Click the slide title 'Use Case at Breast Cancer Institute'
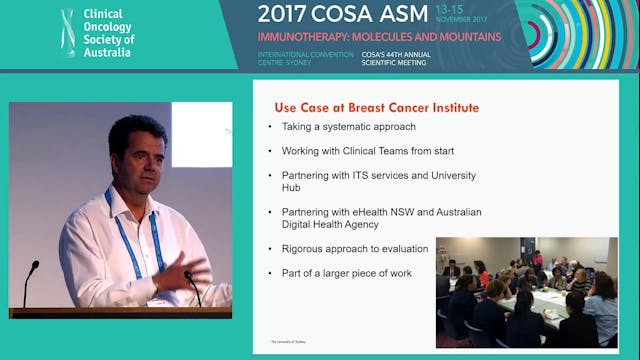click(376, 107)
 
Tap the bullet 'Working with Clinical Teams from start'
click(356, 151)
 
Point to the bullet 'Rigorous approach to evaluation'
click(348, 248)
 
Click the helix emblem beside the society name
click(66, 33)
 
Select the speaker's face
click(138, 158)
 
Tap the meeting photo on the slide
click(526, 291)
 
